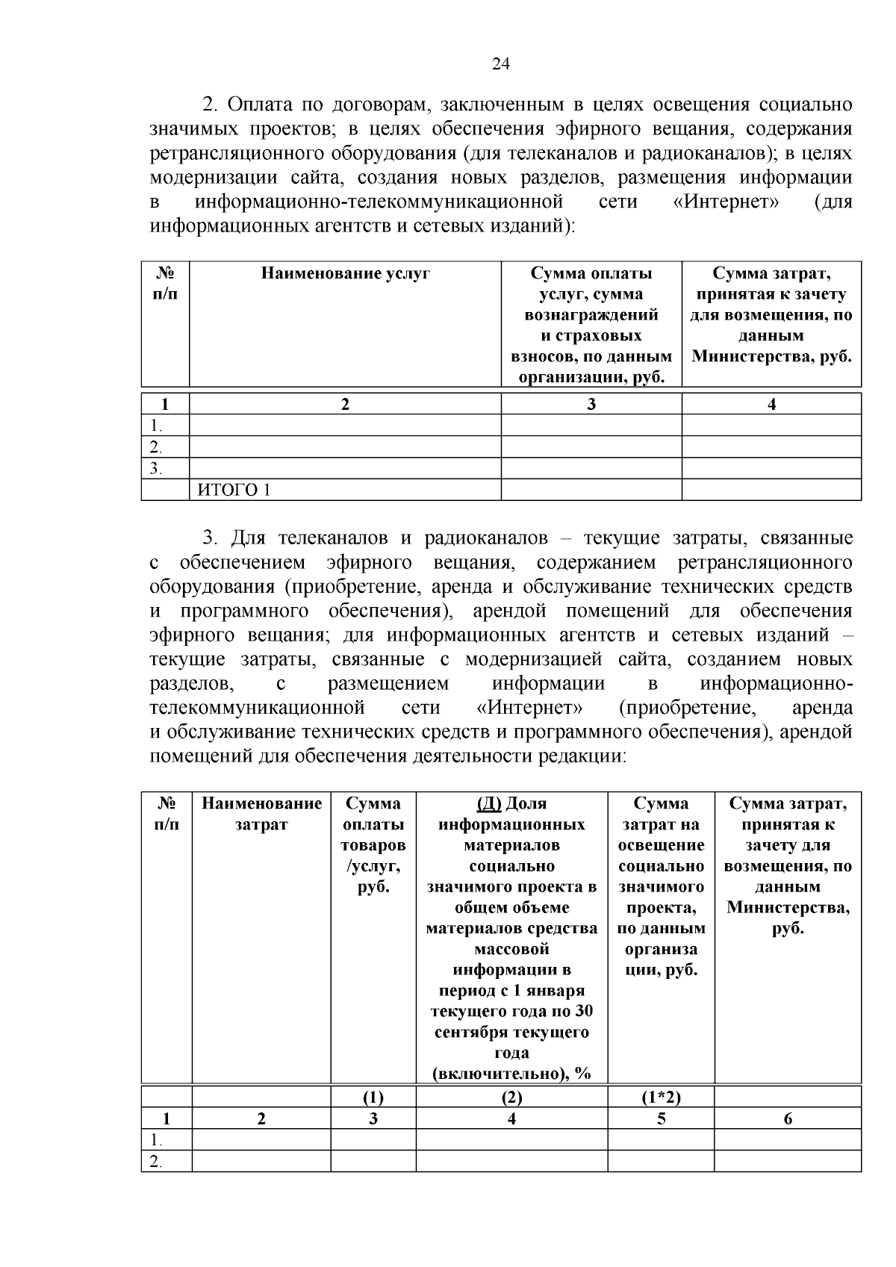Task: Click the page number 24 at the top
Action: pyautogui.click(x=500, y=65)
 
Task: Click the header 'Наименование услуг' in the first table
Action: pyautogui.click(x=345, y=274)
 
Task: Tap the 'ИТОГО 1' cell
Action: pyautogui.click(x=234, y=490)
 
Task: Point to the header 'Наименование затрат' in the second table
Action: pyautogui.click(x=261, y=814)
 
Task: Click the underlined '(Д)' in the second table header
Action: pyautogui.click(x=488, y=804)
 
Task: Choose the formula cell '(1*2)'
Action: pyautogui.click(x=661, y=1097)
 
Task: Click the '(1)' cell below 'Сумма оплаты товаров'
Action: pyautogui.click(x=373, y=1097)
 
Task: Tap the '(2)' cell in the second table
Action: pyautogui.click(x=511, y=1097)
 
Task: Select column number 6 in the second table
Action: pyautogui.click(x=788, y=1118)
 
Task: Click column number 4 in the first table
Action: pyautogui.click(x=771, y=405)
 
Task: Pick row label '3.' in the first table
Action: pyautogui.click(x=156, y=469)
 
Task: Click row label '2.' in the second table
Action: pyautogui.click(x=156, y=1162)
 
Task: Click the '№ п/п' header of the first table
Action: pyautogui.click(x=165, y=284)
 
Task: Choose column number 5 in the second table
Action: pyautogui.click(x=661, y=1118)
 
